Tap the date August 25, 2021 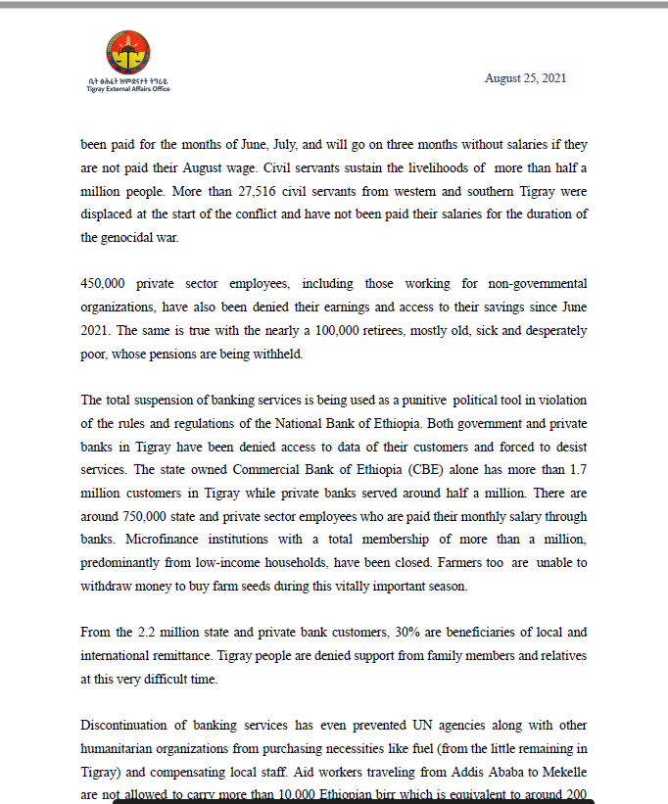pyautogui.click(x=525, y=78)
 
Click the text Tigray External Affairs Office pyautogui.click(x=127, y=89)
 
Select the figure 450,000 pyautogui.click(x=107, y=284)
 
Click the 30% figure pyautogui.click(x=377, y=633)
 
